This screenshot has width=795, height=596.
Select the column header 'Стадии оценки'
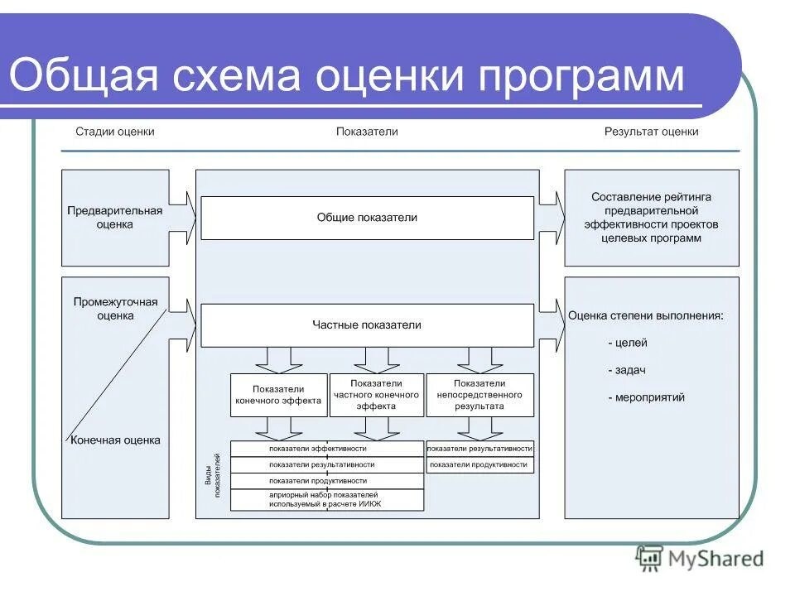pos(115,132)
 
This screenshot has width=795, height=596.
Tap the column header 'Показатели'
pos(367,132)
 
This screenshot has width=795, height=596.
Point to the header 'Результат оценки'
pos(651,132)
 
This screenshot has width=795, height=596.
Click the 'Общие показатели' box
pos(367,218)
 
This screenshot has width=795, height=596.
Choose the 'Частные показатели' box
pos(367,325)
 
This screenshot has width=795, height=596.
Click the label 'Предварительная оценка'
pos(115,218)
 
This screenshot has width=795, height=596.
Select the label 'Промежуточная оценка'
pos(115,309)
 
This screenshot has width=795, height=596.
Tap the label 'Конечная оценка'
pos(115,440)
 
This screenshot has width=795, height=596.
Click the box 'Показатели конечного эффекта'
pos(278,395)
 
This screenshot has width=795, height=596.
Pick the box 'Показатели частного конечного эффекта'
pos(376,395)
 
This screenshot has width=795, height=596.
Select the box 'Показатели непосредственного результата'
pos(479,395)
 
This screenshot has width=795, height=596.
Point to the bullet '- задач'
pos(626,370)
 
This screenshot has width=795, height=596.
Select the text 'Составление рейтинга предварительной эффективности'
pos(651,218)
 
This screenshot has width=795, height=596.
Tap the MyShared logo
pos(700,560)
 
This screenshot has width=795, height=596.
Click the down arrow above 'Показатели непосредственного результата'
pos(479,358)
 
